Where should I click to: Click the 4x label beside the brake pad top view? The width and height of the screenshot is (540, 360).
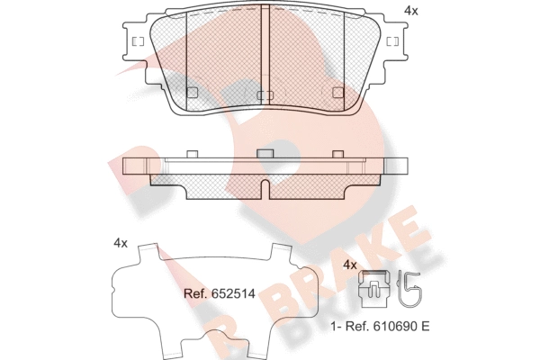pyautogui.click(x=411, y=11)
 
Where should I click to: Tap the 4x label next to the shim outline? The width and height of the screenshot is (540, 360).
pyautogui.click(x=121, y=244)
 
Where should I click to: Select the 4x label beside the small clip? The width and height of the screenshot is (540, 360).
pyautogui.click(x=350, y=265)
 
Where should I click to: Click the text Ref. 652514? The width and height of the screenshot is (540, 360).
pyautogui.click(x=220, y=293)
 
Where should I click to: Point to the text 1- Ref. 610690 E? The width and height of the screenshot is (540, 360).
pyautogui.click(x=380, y=326)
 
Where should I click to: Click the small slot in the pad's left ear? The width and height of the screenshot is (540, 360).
pyautogui.click(x=138, y=41)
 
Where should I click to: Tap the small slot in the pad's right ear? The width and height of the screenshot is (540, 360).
pyautogui.click(x=392, y=41)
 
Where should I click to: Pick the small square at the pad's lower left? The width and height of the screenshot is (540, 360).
pyautogui.click(x=192, y=93)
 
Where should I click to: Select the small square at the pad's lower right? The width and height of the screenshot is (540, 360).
pyautogui.click(x=338, y=93)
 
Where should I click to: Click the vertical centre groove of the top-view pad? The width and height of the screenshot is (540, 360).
pyautogui.click(x=265, y=54)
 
